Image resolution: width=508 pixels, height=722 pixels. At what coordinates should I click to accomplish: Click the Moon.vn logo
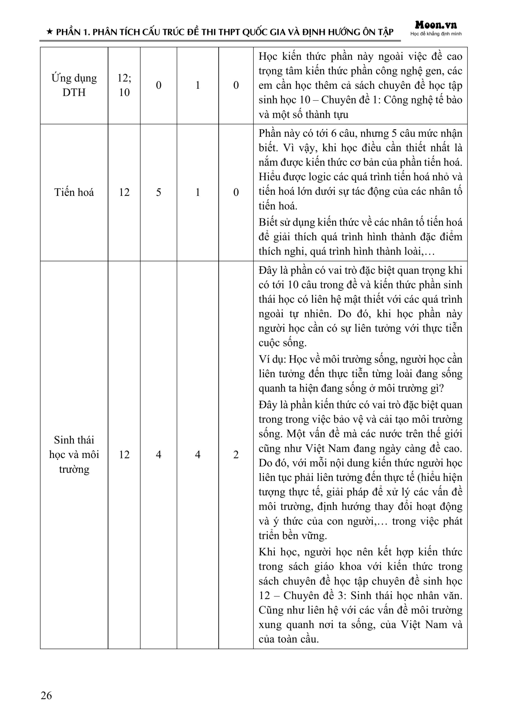tap(436, 25)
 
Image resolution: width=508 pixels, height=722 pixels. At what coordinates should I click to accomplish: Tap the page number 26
tap(46, 695)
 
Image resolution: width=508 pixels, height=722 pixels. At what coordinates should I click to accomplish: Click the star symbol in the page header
tap(49, 33)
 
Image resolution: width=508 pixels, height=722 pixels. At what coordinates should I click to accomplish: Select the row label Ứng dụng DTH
tap(74, 85)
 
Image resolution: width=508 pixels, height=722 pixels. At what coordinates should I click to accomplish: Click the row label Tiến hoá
tap(74, 192)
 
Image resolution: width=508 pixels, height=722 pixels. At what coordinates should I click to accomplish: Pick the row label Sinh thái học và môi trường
tap(74, 454)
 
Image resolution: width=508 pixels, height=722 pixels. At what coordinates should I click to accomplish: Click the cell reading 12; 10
tap(124, 85)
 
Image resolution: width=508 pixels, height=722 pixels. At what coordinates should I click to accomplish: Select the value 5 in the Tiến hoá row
tap(159, 192)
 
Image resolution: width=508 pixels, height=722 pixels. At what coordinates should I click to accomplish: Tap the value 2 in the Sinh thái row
tap(236, 455)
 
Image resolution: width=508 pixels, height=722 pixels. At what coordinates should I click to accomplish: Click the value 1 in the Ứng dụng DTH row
tap(198, 85)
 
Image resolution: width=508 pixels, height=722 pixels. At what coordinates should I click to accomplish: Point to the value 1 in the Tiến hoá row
tap(198, 192)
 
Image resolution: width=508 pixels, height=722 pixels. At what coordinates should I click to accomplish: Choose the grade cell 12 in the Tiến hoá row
tap(124, 192)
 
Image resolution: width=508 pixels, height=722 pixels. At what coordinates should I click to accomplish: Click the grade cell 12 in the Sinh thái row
tap(124, 455)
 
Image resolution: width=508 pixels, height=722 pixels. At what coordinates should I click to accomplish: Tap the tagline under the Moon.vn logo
tap(436, 34)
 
